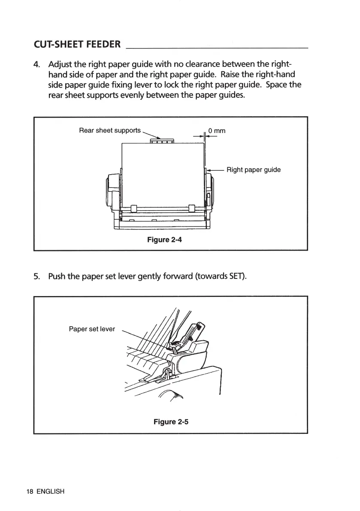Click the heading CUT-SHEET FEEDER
point(77,45)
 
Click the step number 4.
point(37,65)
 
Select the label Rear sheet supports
point(110,130)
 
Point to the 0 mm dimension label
point(217,130)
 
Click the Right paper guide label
point(254,169)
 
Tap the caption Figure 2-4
point(164,240)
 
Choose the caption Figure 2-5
point(171,422)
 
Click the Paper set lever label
point(92,329)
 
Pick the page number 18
point(30,492)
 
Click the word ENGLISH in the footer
point(50,492)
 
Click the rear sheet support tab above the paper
point(161,141)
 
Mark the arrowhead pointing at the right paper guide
point(209,170)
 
